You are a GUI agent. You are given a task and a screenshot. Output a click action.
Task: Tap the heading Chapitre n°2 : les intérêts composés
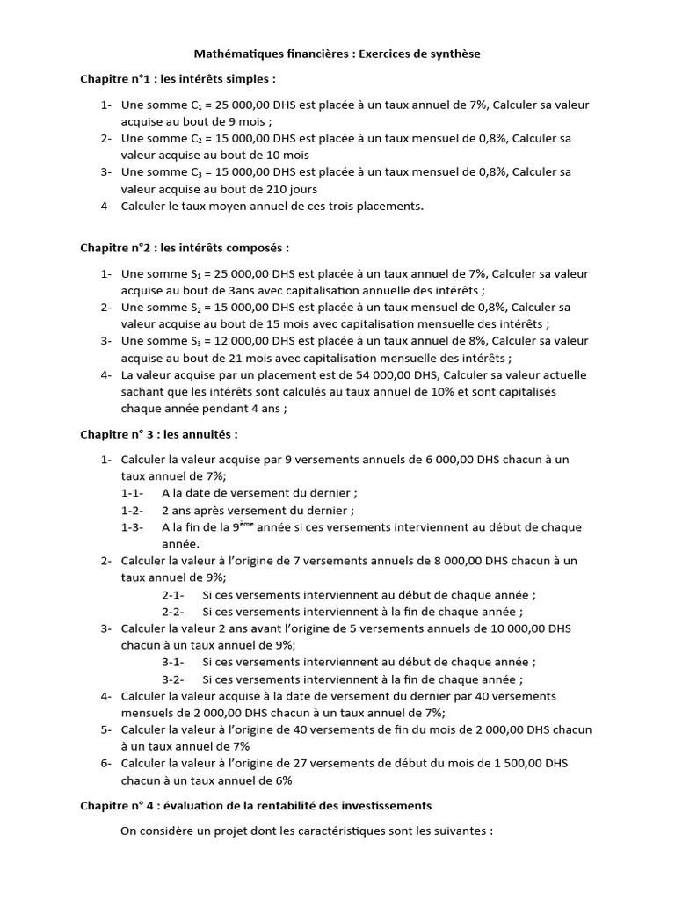(185, 249)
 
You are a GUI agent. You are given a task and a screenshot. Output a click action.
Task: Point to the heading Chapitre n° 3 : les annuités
(159, 434)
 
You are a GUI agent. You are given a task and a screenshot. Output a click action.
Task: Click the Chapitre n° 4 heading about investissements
(256, 804)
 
